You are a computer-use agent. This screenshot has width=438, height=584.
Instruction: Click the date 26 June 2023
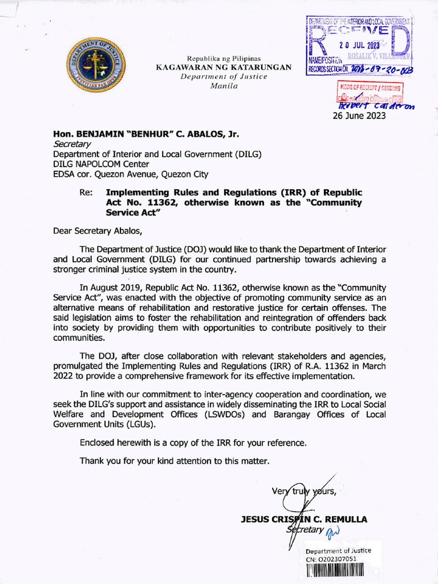point(359,116)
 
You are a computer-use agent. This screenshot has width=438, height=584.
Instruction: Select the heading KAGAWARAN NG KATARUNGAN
point(224,67)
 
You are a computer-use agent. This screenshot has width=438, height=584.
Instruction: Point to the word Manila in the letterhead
point(224,86)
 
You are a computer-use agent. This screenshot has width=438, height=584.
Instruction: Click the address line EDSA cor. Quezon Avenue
point(131,174)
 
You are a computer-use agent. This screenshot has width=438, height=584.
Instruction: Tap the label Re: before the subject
point(87,193)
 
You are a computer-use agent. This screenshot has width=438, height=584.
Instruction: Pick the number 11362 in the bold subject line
point(152,202)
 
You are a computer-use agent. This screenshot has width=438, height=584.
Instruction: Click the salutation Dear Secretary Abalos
point(96,231)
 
